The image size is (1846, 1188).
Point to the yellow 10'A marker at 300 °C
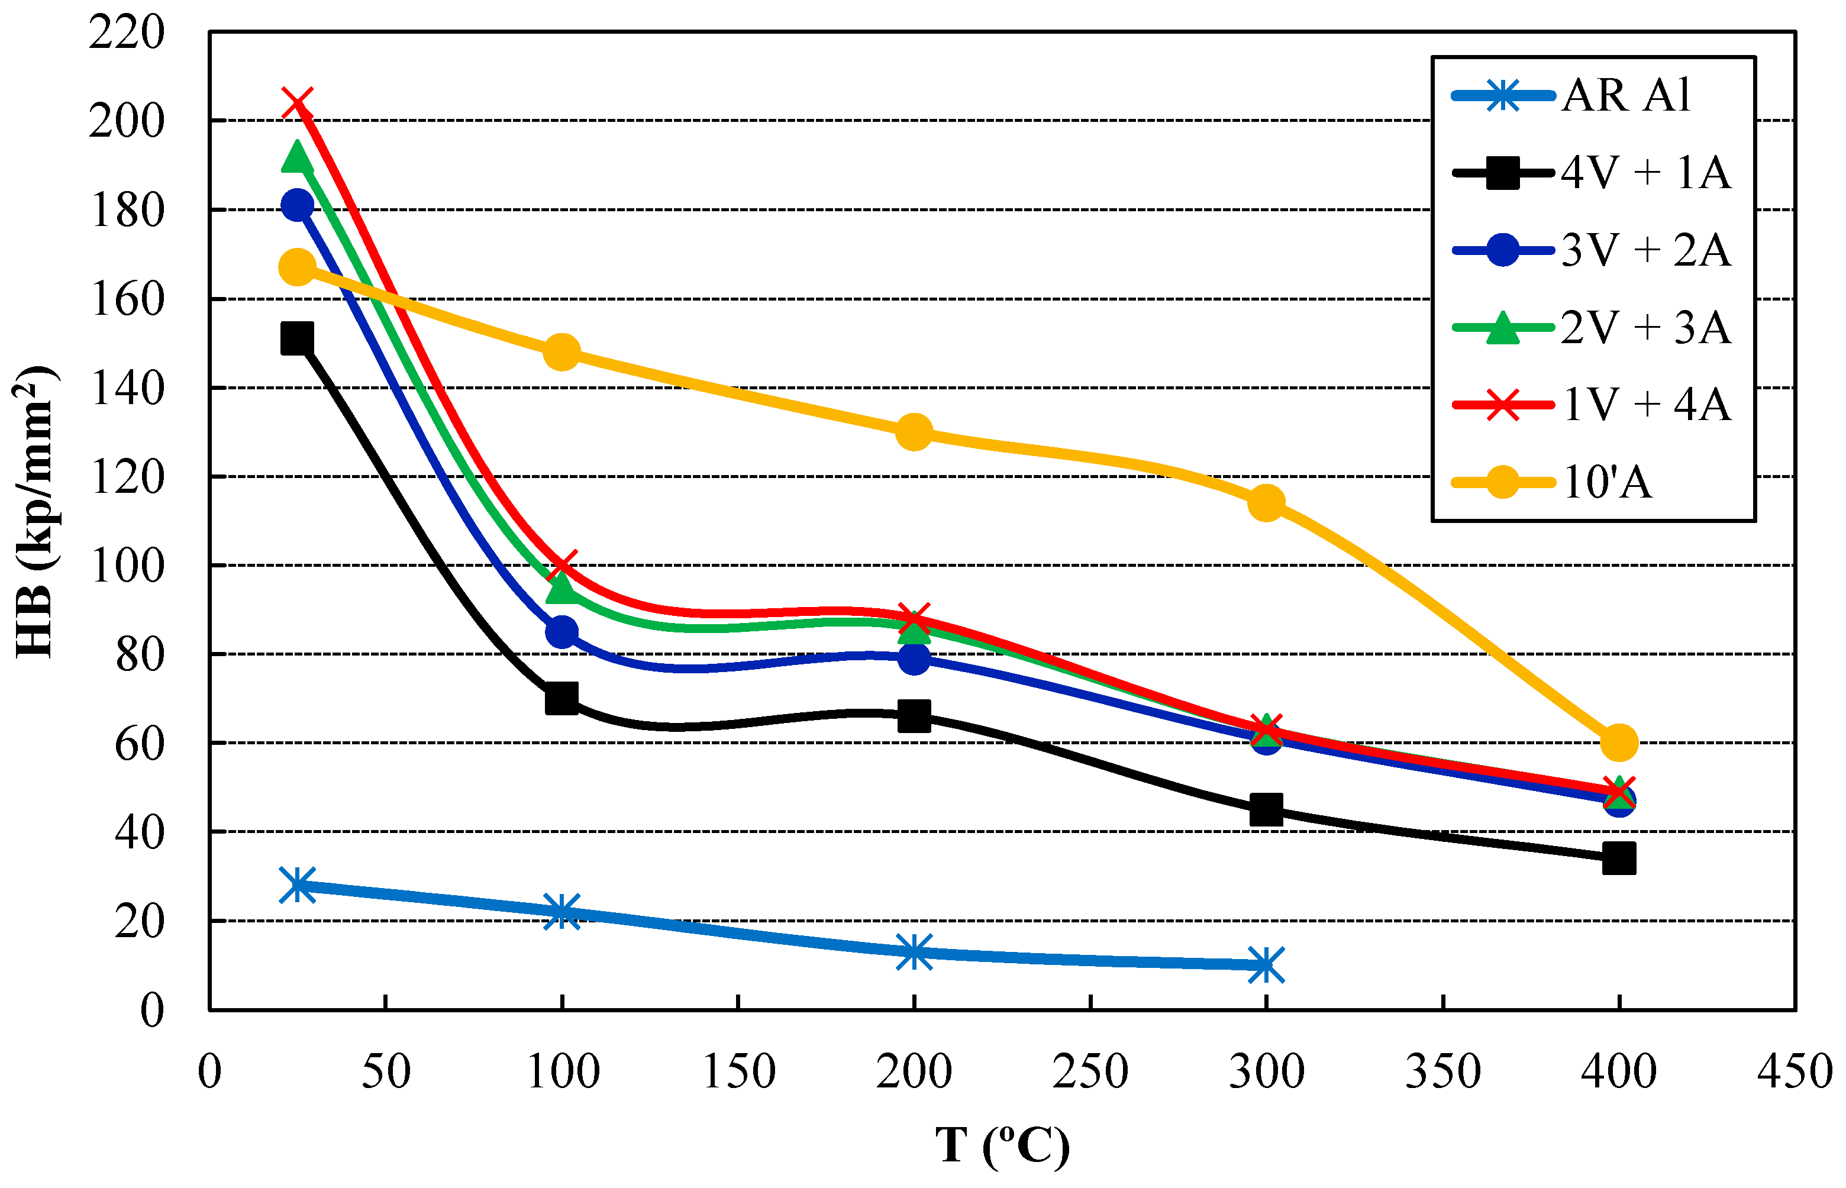[1266, 503]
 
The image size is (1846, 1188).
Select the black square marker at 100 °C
[561, 698]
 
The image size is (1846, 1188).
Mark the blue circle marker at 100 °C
[561, 632]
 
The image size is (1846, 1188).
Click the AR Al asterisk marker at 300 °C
[1266, 964]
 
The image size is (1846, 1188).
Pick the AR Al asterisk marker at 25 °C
[298, 885]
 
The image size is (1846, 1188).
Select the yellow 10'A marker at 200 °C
[914, 432]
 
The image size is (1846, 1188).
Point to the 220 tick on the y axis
[127, 33]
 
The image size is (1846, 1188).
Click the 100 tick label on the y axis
[127, 566]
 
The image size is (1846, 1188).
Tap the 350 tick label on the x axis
[1442, 1071]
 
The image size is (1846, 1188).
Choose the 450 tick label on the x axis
[1795, 1071]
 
